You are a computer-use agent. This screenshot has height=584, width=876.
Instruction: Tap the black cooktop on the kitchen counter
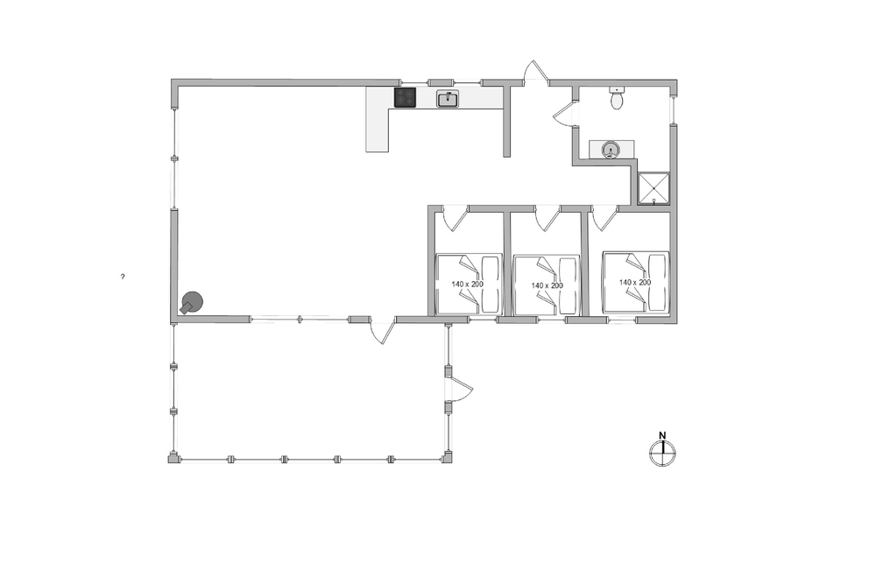[405, 98]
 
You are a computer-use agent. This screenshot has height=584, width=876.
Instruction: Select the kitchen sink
[448, 99]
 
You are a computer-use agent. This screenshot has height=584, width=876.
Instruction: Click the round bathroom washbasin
[610, 150]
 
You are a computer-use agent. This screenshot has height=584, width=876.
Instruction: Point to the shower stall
[653, 188]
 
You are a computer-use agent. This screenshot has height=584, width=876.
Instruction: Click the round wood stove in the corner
[192, 303]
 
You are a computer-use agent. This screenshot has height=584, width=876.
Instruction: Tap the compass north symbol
[662, 453]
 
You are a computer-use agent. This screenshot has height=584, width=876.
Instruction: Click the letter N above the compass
[662, 435]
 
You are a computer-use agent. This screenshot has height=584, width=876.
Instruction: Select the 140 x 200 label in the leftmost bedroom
[467, 285]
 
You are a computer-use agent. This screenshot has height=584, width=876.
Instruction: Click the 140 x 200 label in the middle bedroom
[547, 285]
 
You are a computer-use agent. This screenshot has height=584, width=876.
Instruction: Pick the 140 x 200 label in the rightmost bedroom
[634, 283]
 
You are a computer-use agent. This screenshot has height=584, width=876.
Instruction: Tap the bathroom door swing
[564, 114]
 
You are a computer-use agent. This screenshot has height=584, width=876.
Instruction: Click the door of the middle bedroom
[548, 218]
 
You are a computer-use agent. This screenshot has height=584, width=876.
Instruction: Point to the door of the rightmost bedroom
[605, 218]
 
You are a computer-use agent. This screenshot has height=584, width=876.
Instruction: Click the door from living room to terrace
[384, 330]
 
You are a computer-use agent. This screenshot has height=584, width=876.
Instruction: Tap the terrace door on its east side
[460, 389]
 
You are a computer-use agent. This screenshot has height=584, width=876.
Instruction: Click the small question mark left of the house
[123, 277]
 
